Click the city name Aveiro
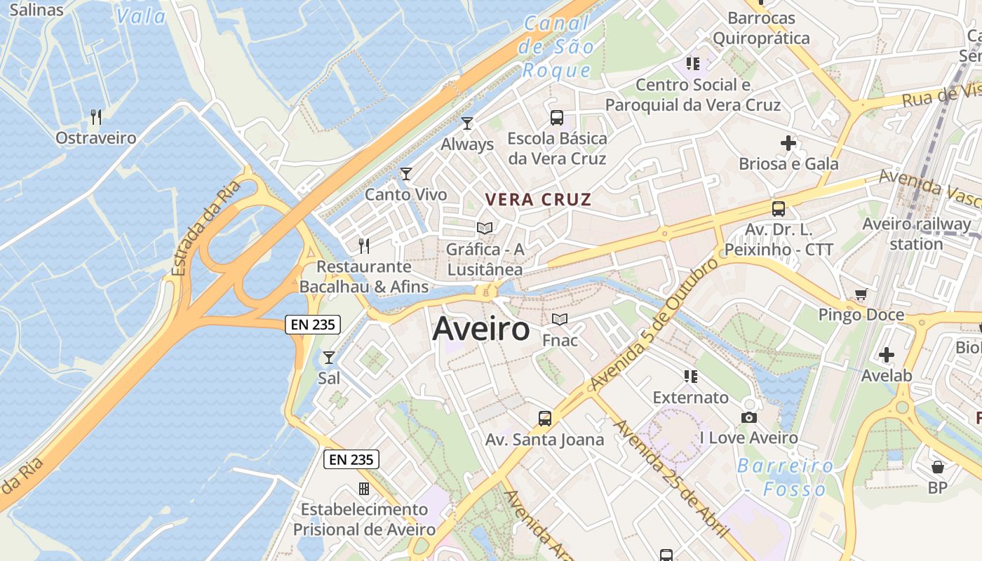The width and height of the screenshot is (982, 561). (x=481, y=329)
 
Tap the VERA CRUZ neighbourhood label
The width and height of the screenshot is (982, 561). (x=539, y=200)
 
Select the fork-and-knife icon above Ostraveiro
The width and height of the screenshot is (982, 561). (x=96, y=116)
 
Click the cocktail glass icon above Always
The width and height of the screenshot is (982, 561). (x=467, y=123)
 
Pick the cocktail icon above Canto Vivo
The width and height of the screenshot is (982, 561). (x=406, y=173)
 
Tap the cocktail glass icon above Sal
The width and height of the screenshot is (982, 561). (x=328, y=358)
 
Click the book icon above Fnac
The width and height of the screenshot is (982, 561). (x=560, y=320)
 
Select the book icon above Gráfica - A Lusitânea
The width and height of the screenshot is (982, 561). (x=485, y=228)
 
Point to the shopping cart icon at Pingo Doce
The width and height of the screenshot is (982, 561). (x=861, y=295)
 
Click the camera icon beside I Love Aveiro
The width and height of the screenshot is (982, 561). (x=749, y=418)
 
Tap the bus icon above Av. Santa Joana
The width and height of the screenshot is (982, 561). (x=545, y=419)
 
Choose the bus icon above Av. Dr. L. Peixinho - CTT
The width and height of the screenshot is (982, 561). (x=779, y=208)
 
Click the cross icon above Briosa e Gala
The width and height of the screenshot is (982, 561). (x=788, y=143)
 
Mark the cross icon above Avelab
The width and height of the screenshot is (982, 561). (x=887, y=355)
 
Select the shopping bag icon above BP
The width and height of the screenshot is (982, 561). (x=938, y=467)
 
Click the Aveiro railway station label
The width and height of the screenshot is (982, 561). (x=916, y=234)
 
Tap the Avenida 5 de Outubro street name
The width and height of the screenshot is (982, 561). (x=655, y=325)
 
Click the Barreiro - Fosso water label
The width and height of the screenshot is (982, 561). (x=785, y=477)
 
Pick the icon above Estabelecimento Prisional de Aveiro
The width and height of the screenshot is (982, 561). (x=363, y=488)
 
